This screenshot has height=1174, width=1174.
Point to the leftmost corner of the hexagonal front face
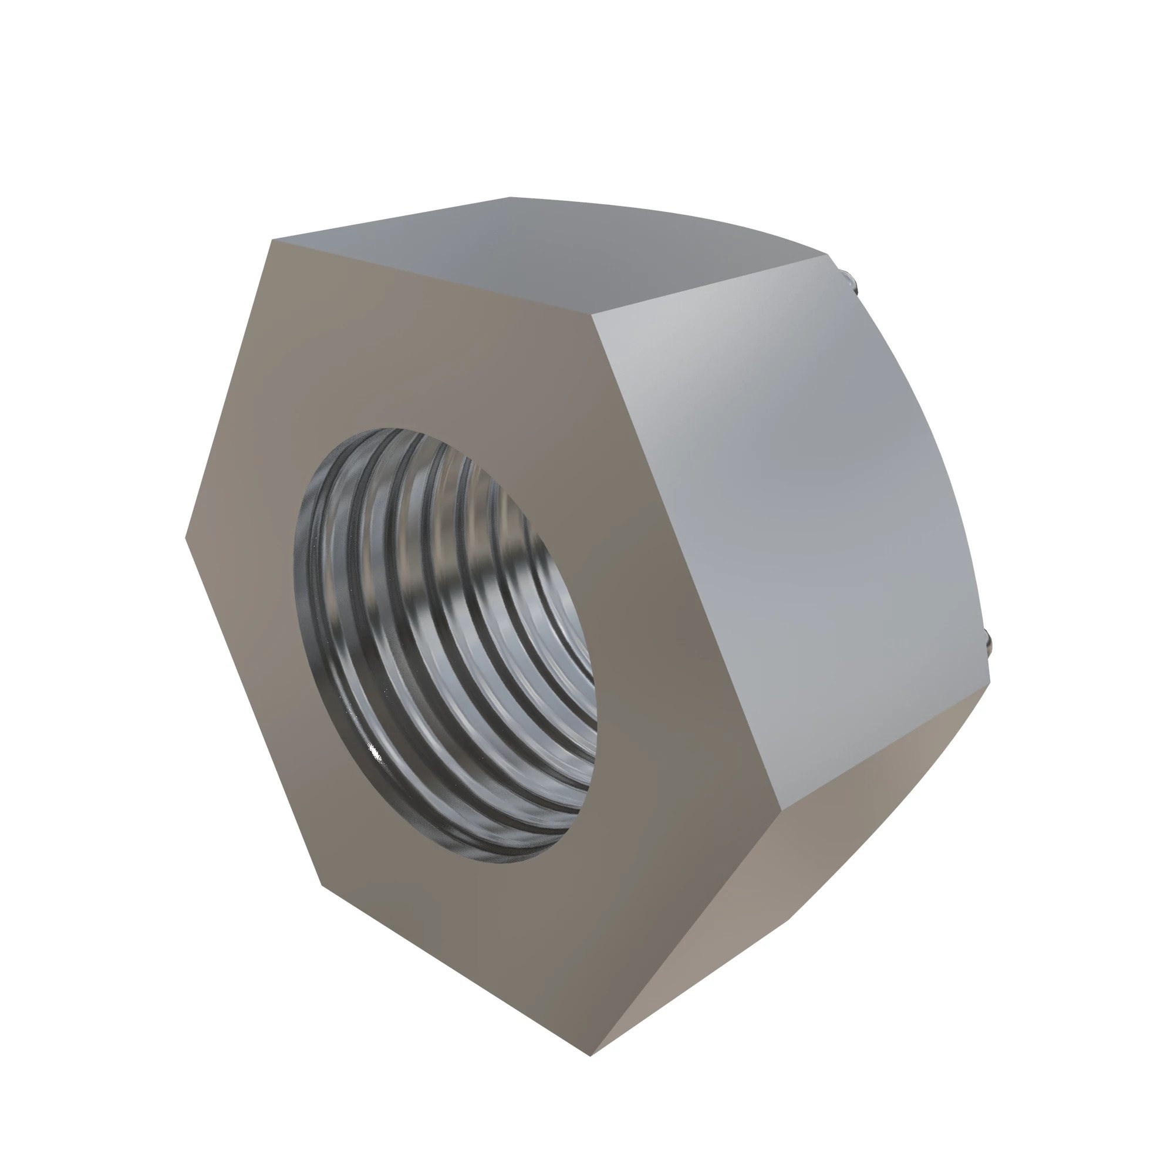coord(185,537)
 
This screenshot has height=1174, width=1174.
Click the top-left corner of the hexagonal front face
coord(272,240)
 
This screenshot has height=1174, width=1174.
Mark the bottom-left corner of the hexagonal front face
coord(321,885)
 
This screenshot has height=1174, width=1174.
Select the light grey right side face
coord(790,517)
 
